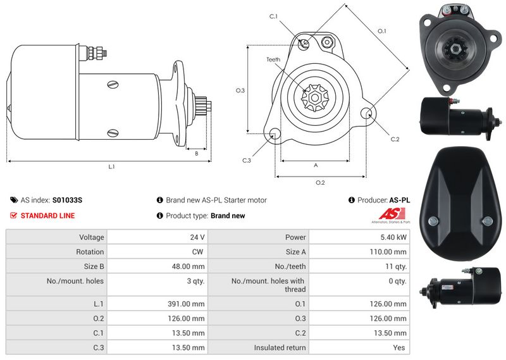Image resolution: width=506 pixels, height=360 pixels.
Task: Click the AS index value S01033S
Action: point(67,200)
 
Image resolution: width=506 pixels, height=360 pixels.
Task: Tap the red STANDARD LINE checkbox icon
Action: point(13,215)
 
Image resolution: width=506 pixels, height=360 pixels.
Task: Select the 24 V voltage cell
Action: point(197,237)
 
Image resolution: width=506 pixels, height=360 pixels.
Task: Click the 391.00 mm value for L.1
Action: point(186,304)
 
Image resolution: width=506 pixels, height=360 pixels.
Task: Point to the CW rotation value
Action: point(197,252)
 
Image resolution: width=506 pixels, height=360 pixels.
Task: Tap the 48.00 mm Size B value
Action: point(188,267)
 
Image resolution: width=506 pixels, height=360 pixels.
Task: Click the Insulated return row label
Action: point(280,348)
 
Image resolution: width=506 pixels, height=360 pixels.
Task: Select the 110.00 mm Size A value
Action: point(388,252)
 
